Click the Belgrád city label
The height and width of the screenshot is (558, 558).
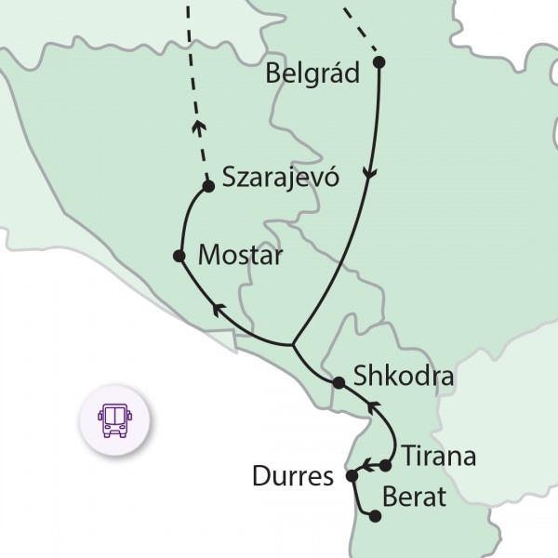coord(312,73)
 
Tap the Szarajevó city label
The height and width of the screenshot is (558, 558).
coord(280,178)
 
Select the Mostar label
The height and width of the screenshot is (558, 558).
coord(240,255)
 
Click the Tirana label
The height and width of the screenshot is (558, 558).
coord(439,457)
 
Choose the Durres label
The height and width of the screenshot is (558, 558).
coord(292,478)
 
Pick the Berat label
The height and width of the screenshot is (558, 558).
coord(415,498)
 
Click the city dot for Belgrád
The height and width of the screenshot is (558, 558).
coord(379,62)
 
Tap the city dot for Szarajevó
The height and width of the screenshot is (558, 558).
coord(208,186)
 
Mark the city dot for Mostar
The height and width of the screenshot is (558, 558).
coord(179,255)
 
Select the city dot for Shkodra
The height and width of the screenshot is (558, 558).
coord(339,381)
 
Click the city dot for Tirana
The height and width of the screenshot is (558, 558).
coord(386,464)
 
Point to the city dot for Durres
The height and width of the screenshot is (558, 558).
coord(352,476)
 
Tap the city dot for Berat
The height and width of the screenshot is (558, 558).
coord(375,515)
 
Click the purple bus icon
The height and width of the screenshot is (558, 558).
coord(115,420)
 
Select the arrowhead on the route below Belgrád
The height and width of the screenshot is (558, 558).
coord(371,176)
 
